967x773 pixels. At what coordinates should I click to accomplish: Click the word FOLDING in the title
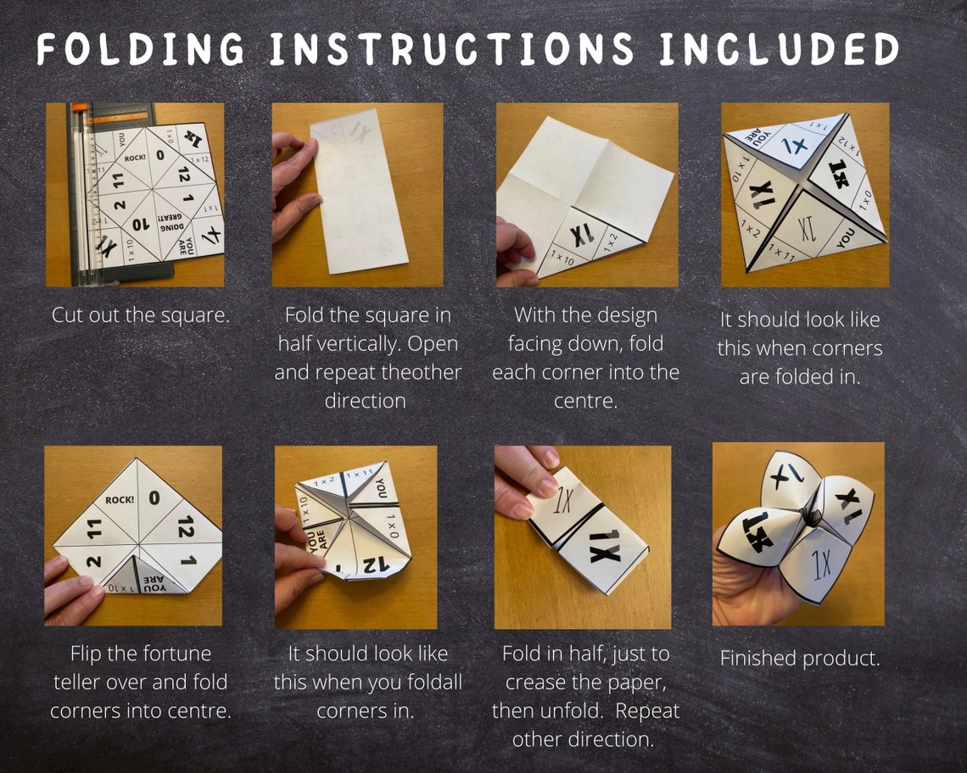tap(141, 50)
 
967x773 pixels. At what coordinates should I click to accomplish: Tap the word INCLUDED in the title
tap(778, 50)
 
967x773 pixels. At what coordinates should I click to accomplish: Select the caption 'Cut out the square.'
tap(141, 315)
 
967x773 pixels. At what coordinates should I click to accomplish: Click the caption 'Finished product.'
tap(799, 658)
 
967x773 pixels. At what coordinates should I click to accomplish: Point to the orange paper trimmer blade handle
tap(79, 108)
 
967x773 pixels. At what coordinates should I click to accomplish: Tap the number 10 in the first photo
tap(141, 225)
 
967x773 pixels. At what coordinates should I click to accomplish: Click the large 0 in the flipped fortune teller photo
tap(154, 498)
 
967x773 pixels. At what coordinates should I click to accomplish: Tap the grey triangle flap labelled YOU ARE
tap(154, 578)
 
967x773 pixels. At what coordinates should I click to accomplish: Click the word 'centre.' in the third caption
tap(584, 399)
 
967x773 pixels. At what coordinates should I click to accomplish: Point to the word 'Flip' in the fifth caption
tap(92, 653)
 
